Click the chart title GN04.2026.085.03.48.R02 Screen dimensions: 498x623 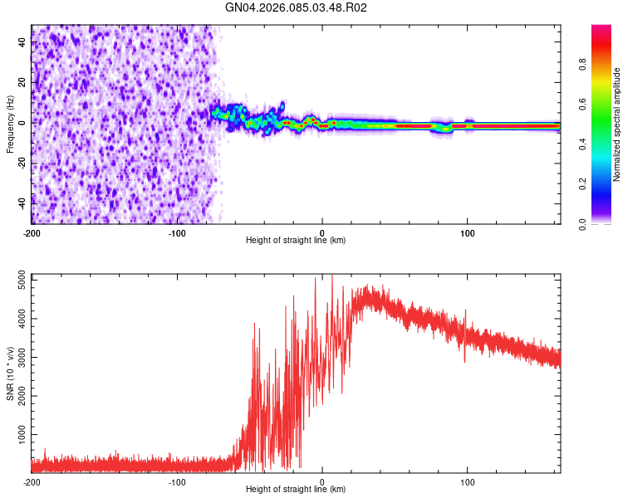pyautogui.click(x=297, y=7)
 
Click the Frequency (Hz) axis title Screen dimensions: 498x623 pyautogui.click(x=10, y=124)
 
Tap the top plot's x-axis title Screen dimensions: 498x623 pyautogui.click(x=296, y=240)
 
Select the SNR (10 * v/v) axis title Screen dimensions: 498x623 pyautogui.click(x=10, y=373)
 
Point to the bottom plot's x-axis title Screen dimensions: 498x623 pyautogui.click(x=296, y=489)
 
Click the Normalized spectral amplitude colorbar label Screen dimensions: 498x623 pyautogui.click(x=616, y=124)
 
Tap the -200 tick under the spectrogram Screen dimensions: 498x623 pyautogui.click(x=32, y=232)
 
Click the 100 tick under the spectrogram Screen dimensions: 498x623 pyautogui.click(x=468, y=232)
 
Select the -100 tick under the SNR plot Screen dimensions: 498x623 pyautogui.click(x=177, y=481)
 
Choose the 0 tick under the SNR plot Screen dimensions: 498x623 pyautogui.click(x=322, y=481)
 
